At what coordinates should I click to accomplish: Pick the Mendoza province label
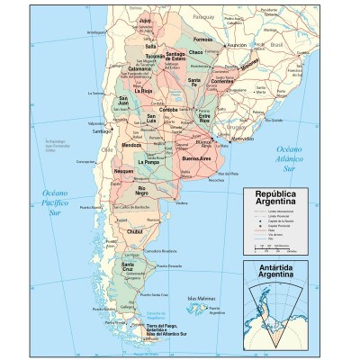click(131, 144)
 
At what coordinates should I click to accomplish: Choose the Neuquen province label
click(123, 170)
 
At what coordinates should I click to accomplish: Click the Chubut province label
click(135, 231)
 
